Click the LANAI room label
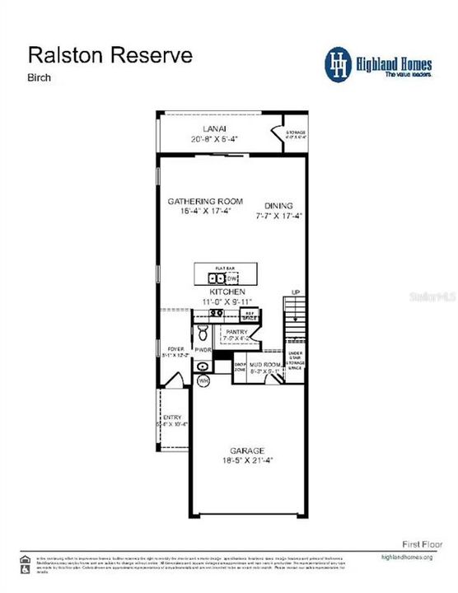[214, 128]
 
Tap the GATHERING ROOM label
[205, 201]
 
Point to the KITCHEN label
[227, 292]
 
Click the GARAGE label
[247, 451]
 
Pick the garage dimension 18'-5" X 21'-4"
[247, 461]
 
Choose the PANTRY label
[236, 332]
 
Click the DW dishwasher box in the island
[232, 278]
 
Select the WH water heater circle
[203, 381]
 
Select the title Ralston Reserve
[110, 55]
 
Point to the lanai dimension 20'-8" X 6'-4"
[214, 138]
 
